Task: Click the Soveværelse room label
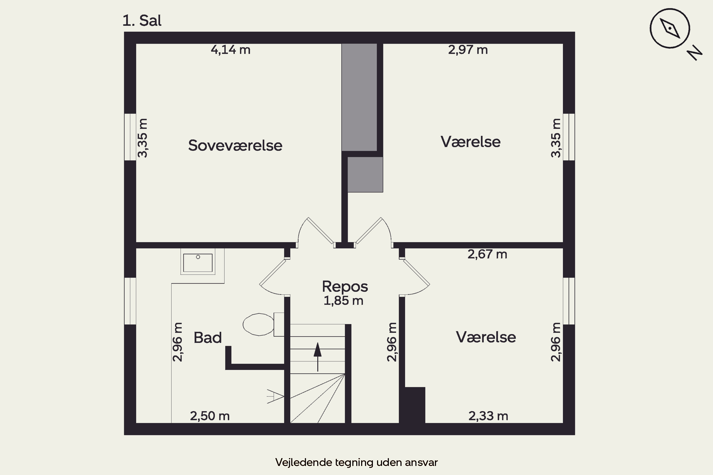click(235, 145)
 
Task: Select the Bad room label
click(208, 337)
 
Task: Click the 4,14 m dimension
click(231, 50)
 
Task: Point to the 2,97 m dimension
click(468, 50)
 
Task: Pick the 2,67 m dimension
click(487, 254)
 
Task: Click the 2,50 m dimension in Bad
click(210, 416)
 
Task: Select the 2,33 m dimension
click(488, 416)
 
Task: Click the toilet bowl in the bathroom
click(259, 324)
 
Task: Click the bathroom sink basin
click(198, 263)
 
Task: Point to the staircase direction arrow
click(317, 357)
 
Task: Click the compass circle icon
click(670, 28)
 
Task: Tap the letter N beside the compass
click(694, 53)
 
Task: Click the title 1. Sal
click(142, 21)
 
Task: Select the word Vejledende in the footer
click(304, 462)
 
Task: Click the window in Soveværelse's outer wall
click(130, 137)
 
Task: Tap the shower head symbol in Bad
click(275, 396)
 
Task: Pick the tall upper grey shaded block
click(359, 97)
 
